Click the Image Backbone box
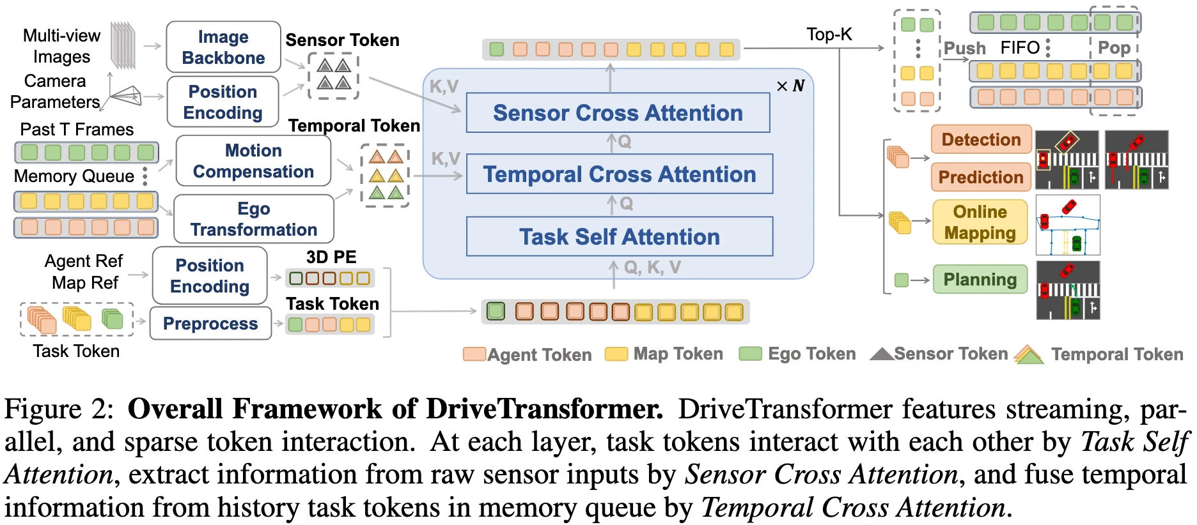click(223, 47)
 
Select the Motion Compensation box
click(253, 161)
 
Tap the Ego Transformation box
click(253, 219)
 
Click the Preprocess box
click(210, 324)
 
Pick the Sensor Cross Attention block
click(618, 113)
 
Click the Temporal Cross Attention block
click(619, 174)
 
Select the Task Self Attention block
click(619, 237)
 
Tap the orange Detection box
click(981, 140)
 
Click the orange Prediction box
click(981, 177)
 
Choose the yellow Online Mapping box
click(980, 222)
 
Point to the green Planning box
click(980, 279)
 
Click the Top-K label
click(829, 34)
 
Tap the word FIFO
click(1020, 48)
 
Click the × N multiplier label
click(790, 86)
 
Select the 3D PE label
click(331, 257)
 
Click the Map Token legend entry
click(678, 354)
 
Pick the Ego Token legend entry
click(811, 354)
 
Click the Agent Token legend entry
click(539, 354)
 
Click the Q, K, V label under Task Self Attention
click(652, 268)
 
